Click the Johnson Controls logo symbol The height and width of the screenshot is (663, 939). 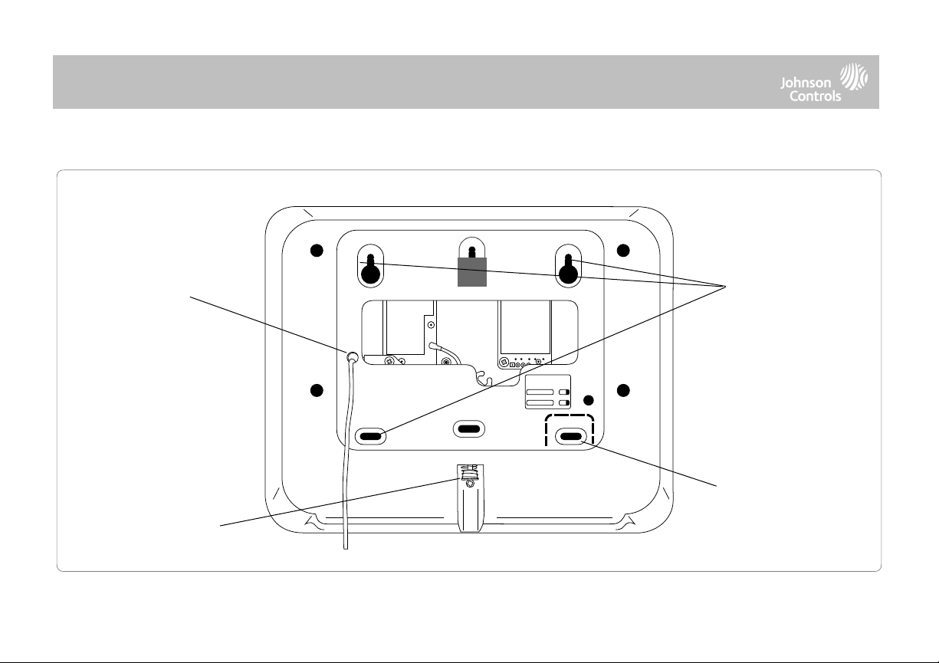click(x=854, y=77)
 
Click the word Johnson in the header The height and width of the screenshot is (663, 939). click(x=806, y=83)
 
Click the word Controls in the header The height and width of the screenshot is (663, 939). click(x=816, y=96)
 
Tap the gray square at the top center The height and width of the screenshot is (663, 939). click(x=472, y=272)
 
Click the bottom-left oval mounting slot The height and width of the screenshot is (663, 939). click(x=370, y=436)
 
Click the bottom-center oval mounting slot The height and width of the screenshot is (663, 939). click(x=469, y=428)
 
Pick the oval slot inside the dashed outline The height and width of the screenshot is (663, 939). click(x=570, y=437)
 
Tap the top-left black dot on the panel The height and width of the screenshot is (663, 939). click(x=317, y=251)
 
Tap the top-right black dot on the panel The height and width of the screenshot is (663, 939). click(x=623, y=251)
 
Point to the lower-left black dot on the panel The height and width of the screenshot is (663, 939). click(x=317, y=390)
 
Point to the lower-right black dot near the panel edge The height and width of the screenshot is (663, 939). click(x=623, y=390)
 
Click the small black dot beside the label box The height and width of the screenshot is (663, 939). click(x=589, y=400)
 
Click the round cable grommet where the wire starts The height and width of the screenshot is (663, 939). click(x=352, y=357)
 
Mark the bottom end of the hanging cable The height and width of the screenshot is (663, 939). click(x=346, y=548)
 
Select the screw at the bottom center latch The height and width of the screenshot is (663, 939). click(x=470, y=484)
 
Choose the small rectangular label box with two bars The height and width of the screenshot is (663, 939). click(x=548, y=392)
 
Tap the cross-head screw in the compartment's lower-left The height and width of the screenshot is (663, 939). click(x=389, y=360)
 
